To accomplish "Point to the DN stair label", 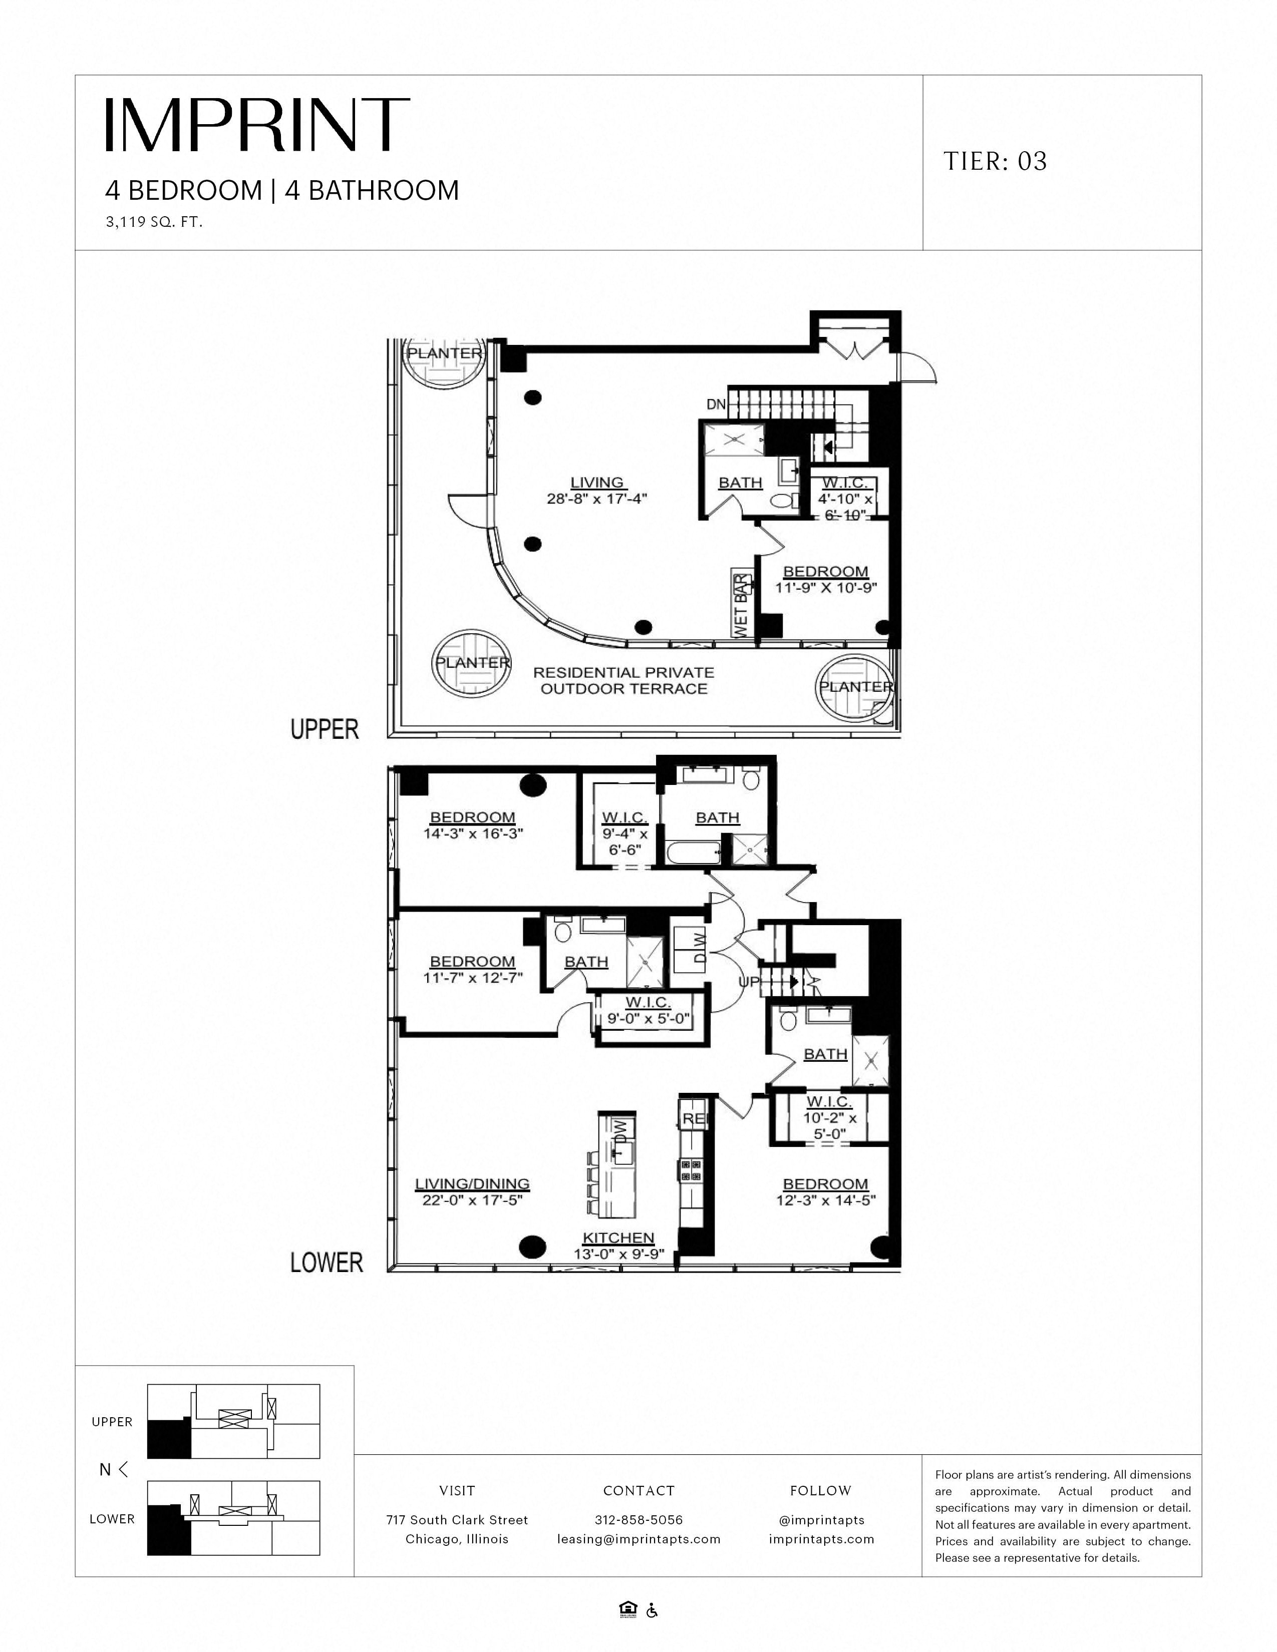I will (x=716, y=404).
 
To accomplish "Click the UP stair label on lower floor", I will (x=748, y=982).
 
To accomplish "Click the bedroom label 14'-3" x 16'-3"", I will (x=473, y=825).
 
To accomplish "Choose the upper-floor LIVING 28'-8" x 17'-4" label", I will (x=597, y=490).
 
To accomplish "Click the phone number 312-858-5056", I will (x=638, y=1520).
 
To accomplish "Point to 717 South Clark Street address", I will (x=457, y=1520).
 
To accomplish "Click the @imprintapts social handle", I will (x=821, y=1520).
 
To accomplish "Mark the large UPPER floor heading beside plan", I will (x=325, y=729).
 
